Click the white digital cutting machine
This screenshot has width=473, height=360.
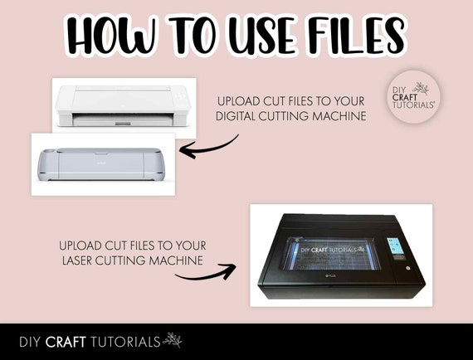pyautogui.click(x=123, y=105)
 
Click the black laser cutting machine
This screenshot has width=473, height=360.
pyautogui.click(x=342, y=255)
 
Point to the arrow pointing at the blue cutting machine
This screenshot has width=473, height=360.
pyautogui.click(x=208, y=148)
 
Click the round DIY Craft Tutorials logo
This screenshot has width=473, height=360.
pyautogui.click(x=413, y=97)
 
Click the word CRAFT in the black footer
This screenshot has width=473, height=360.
pyautogui.click(x=66, y=342)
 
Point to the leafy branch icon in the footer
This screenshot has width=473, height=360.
pyautogui.click(x=173, y=340)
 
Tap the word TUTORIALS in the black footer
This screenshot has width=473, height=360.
pyautogui.click(x=125, y=342)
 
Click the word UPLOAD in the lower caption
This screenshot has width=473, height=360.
pyautogui.click(x=80, y=246)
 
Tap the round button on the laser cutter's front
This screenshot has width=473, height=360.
pyautogui.click(x=407, y=268)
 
